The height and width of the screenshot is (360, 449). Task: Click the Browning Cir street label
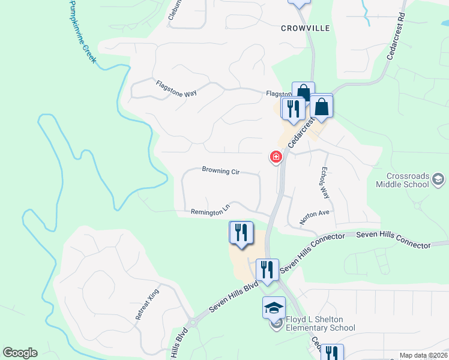point(221,172)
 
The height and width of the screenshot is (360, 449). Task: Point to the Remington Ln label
point(210,211)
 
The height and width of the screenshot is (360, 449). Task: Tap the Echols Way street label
point(325,183)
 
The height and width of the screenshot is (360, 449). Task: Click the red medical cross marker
point(276,157)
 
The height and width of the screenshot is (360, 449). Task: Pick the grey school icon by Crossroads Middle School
point(439,178)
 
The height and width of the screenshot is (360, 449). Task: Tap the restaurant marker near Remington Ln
point(241,233)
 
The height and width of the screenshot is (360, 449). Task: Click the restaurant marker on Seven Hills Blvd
point(267,269)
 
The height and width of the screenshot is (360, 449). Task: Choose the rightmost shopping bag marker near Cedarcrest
point(322,107)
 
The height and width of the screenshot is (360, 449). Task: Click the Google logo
point(20,353)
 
